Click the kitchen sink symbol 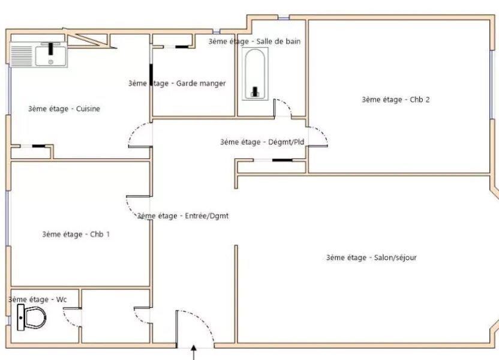[52, 55]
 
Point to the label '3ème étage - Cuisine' [64, 109]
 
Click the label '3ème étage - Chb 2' [395, 100]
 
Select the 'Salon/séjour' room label [371, 257]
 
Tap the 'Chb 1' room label [76, 234]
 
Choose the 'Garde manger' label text [177, 83]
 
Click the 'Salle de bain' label [254, 41]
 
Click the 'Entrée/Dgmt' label [183, 215]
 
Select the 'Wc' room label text [38, 298]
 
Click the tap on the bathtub [255, 91]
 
